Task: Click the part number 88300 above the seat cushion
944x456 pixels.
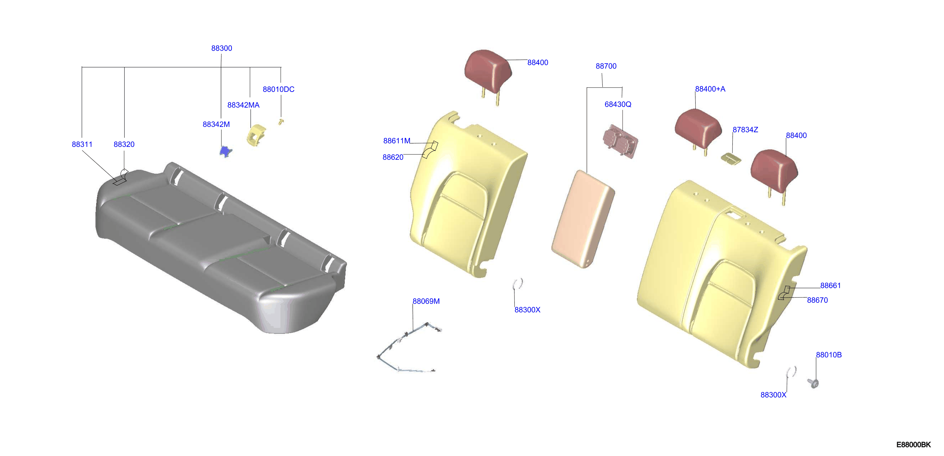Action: coord(221,48)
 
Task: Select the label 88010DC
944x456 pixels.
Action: coord(278,89)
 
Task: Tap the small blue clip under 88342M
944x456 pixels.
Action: coord(226,151)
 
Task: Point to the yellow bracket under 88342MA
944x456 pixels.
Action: coord(256,135)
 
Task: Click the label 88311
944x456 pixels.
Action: coord(82,144)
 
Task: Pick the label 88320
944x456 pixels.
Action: coord(124,144)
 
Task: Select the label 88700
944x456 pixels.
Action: coord(606,66)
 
